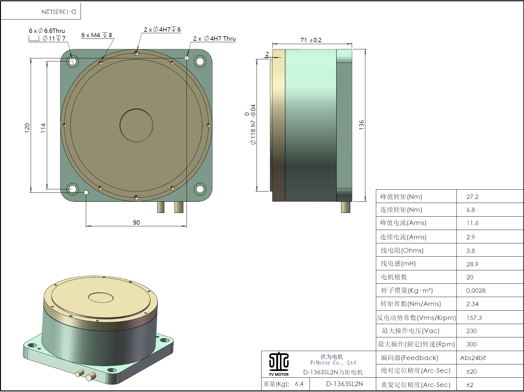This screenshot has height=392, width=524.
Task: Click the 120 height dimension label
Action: coord(27,128)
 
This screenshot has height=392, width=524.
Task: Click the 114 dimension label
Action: coord(43,128)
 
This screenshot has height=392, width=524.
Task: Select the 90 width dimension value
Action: coord(136,223)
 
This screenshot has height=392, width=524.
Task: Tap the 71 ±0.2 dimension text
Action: coord(311,40)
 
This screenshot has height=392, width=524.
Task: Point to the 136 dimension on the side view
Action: coord(361,125)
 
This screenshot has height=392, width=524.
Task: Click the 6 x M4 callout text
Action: coord(96,35)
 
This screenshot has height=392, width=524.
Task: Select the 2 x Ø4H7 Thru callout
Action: coord(214,38)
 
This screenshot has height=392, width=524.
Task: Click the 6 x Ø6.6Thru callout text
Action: coord(47,31)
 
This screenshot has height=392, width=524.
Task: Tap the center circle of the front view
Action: coord(136,125)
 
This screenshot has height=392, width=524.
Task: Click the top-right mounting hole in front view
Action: coord(200,61)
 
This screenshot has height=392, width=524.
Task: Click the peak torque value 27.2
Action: coord(472,197)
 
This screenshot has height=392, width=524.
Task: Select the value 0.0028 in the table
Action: coord(476,291)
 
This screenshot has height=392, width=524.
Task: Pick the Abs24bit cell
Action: coord(473,358)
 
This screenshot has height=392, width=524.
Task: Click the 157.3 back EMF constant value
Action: coord(474,318)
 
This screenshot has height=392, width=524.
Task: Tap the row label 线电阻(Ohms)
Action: coord(402,250)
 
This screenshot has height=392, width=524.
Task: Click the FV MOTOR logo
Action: coord(279,364)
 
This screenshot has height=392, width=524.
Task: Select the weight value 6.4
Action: coord(299,384)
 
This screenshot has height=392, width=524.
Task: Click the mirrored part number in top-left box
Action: coord(59,12)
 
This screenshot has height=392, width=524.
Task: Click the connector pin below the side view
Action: coord(346,207)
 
